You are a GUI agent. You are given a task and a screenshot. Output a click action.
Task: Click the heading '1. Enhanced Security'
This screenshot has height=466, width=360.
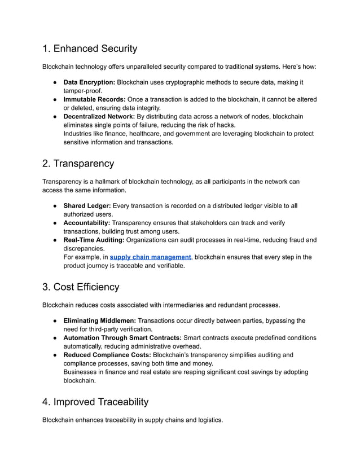click(x=90, y=49)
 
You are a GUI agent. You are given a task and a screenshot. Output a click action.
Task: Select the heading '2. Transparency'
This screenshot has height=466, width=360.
click(x=78, y=164)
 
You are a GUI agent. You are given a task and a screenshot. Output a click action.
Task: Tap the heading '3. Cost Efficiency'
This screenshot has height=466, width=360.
click(x=81, y=287)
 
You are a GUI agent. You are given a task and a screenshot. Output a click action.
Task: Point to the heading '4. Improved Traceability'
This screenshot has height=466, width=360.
click(x=95, y=402)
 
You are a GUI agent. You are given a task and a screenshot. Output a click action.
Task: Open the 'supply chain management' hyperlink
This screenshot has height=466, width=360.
click(x=150, y=257)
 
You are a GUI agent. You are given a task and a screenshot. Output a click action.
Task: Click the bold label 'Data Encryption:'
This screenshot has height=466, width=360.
click(x=89, y=82)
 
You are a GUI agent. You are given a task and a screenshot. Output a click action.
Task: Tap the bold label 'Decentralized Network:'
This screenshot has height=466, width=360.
click(x=99, y=117)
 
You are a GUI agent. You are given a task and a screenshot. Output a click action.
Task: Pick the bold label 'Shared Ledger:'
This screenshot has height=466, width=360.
click(x=87, y=206)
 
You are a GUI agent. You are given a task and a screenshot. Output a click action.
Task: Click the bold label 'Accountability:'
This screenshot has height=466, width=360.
click(x=87, y=223)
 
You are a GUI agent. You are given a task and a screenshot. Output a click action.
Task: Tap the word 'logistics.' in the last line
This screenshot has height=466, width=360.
click(x=207, y=420)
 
